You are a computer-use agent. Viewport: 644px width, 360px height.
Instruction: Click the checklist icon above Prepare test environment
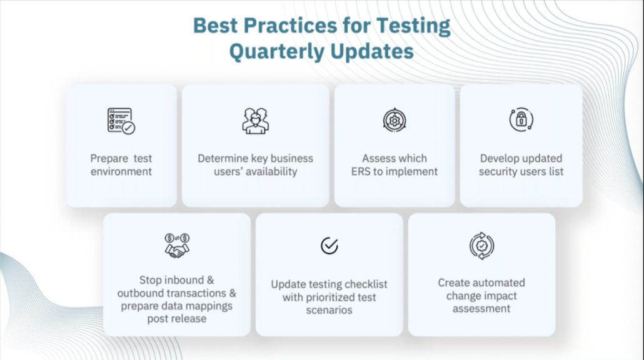click(x=121, y=121)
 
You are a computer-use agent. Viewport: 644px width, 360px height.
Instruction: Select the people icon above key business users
click(x=255, y=121)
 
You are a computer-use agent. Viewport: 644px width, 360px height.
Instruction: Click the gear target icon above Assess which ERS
click(x=395, y=120)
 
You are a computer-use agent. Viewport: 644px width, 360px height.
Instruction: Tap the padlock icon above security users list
click(x=521, y=119)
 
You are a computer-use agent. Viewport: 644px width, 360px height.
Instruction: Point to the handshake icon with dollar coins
click(x=177, y=246)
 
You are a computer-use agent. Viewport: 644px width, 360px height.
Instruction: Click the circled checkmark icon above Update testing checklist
click(x=330, y=246)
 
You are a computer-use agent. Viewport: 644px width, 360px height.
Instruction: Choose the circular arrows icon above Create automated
click(x=481, y=246)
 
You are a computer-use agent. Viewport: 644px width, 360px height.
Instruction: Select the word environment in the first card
click(x=121, y=171)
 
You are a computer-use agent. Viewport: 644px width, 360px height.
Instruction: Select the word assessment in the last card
click(x=481, y=309)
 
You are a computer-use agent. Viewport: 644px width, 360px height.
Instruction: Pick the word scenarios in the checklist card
click(x=330, y=310)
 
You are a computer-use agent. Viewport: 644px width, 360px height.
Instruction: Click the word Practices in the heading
click(x=285, y=26)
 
